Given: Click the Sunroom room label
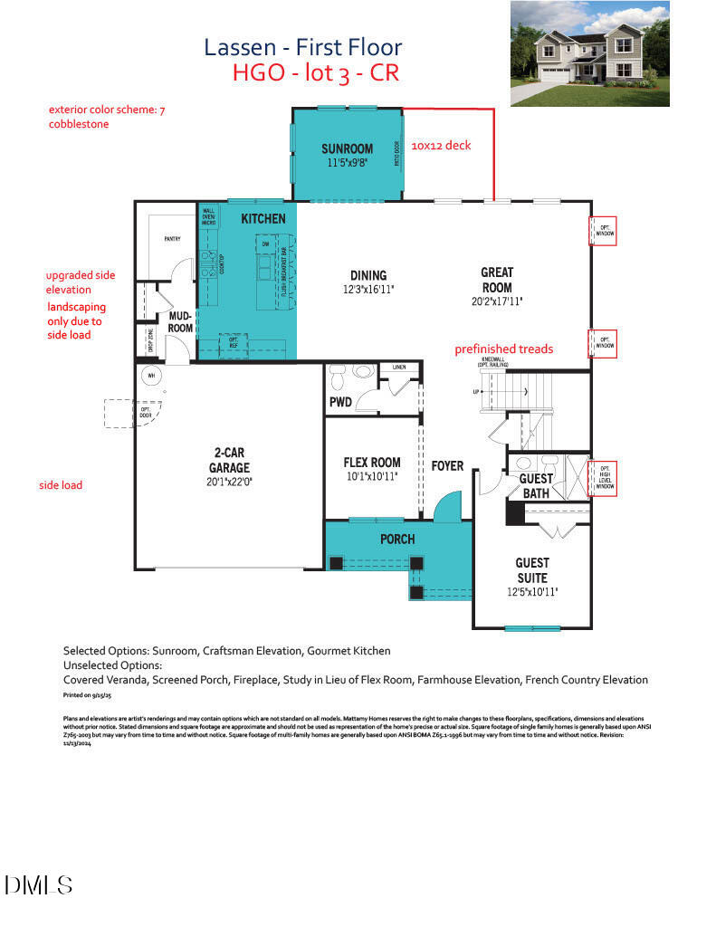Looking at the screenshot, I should tap(347, 148).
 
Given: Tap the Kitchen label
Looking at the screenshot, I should tap(263, 218).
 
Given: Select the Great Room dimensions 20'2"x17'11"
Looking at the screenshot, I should tap(496, 301).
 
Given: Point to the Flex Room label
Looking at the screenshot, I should tap(371, 462).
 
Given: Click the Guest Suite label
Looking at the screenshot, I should tap(531, 569).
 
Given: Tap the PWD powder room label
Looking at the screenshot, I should tap(339, 401).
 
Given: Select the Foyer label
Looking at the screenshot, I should tap(447, 466).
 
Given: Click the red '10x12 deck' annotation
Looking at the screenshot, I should tap(441, 145).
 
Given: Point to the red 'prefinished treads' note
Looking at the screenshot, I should tap(504, 349).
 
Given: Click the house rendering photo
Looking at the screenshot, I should tap(589, 54).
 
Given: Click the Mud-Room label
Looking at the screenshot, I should tap(180, 321).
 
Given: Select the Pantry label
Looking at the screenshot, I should tap(172, 239).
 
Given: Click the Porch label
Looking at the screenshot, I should tap(397, 539).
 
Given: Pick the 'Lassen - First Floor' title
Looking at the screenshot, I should tap(302, 47).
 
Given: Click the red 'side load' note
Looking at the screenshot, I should tap(61, 485).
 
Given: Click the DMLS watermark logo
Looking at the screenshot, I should tap(38, 884).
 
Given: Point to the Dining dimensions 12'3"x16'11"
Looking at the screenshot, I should tap(368, 289).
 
